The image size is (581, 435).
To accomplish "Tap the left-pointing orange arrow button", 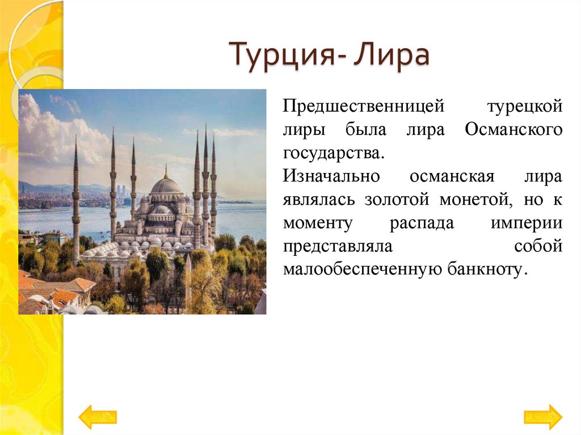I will point(98,417).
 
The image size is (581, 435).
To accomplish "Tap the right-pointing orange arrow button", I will point(543,417).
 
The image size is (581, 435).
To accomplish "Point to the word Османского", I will point(513,129).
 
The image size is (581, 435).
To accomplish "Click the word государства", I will point(338,153).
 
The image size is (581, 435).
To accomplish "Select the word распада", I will point(421,223).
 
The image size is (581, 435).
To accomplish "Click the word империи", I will point(527,223).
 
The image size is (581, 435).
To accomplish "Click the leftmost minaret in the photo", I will point(76,204).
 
